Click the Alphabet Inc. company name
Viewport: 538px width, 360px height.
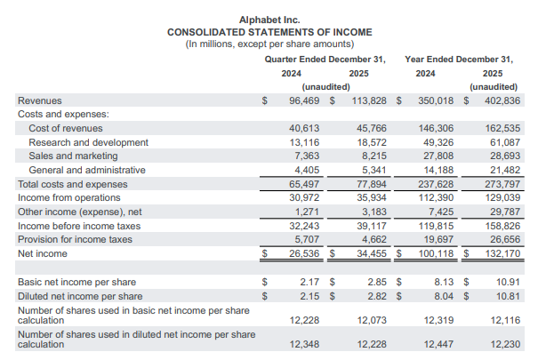(x=269, y=19)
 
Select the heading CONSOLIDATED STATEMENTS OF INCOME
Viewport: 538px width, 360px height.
(x=269, y=31)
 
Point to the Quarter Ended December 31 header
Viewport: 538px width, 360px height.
(x=325, y=59)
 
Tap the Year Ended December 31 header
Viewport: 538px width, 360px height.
(x=459, y=59)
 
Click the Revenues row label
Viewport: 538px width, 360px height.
(x=40, y=100)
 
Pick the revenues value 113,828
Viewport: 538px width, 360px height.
(x=367, y=100)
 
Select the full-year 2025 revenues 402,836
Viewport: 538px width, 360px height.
(x=499, y=100)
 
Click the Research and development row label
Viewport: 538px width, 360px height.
(x=88, y=142)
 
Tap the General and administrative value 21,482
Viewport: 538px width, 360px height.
(x=502, y=170)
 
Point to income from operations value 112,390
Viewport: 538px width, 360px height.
(x=436, y=197)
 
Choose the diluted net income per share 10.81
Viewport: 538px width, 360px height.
(x=507, y=296)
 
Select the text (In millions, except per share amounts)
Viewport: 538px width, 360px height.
(x=269, y=44)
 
